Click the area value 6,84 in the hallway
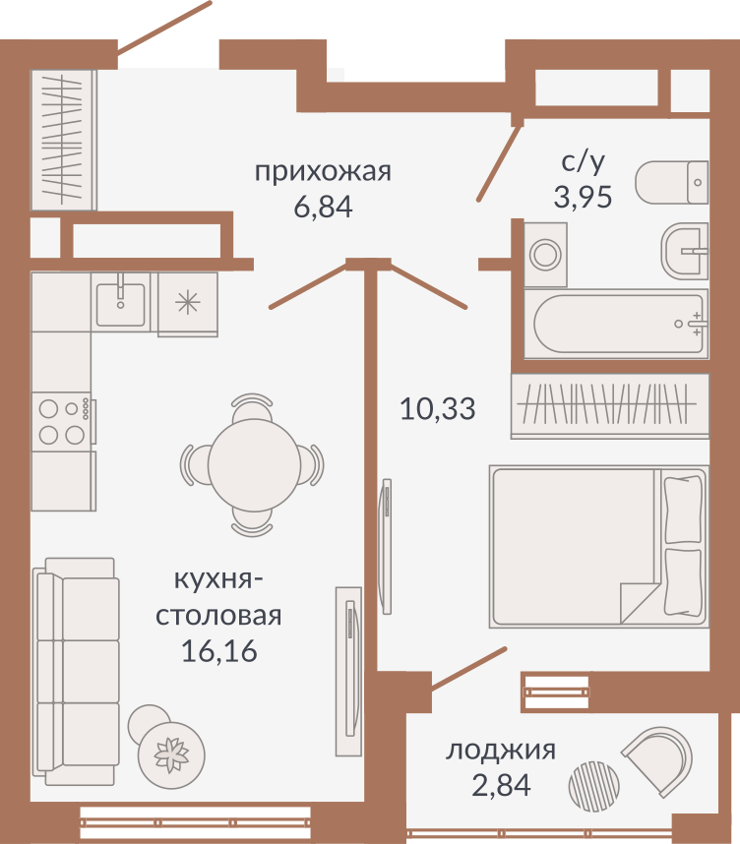pos(323,207)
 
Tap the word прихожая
pos(323,172)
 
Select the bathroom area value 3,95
pos(583,197)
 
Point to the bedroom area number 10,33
pos(437,408)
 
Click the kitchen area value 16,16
pos(219,651)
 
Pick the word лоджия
pos(500,750)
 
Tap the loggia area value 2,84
pos(502,785)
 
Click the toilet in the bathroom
pos(671,182)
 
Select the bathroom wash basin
pos(685,251)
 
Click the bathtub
pos(617,324)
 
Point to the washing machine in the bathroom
pos(545,255)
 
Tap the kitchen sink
pos(121,304)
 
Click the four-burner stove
pos(62,422)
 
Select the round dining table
pos(254,465)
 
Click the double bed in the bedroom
pos(599,546)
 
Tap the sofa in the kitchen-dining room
pos(76,642)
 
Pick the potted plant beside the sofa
pos(171,755)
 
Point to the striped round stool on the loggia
pos(594,787)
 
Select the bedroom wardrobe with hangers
pos(610,406)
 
